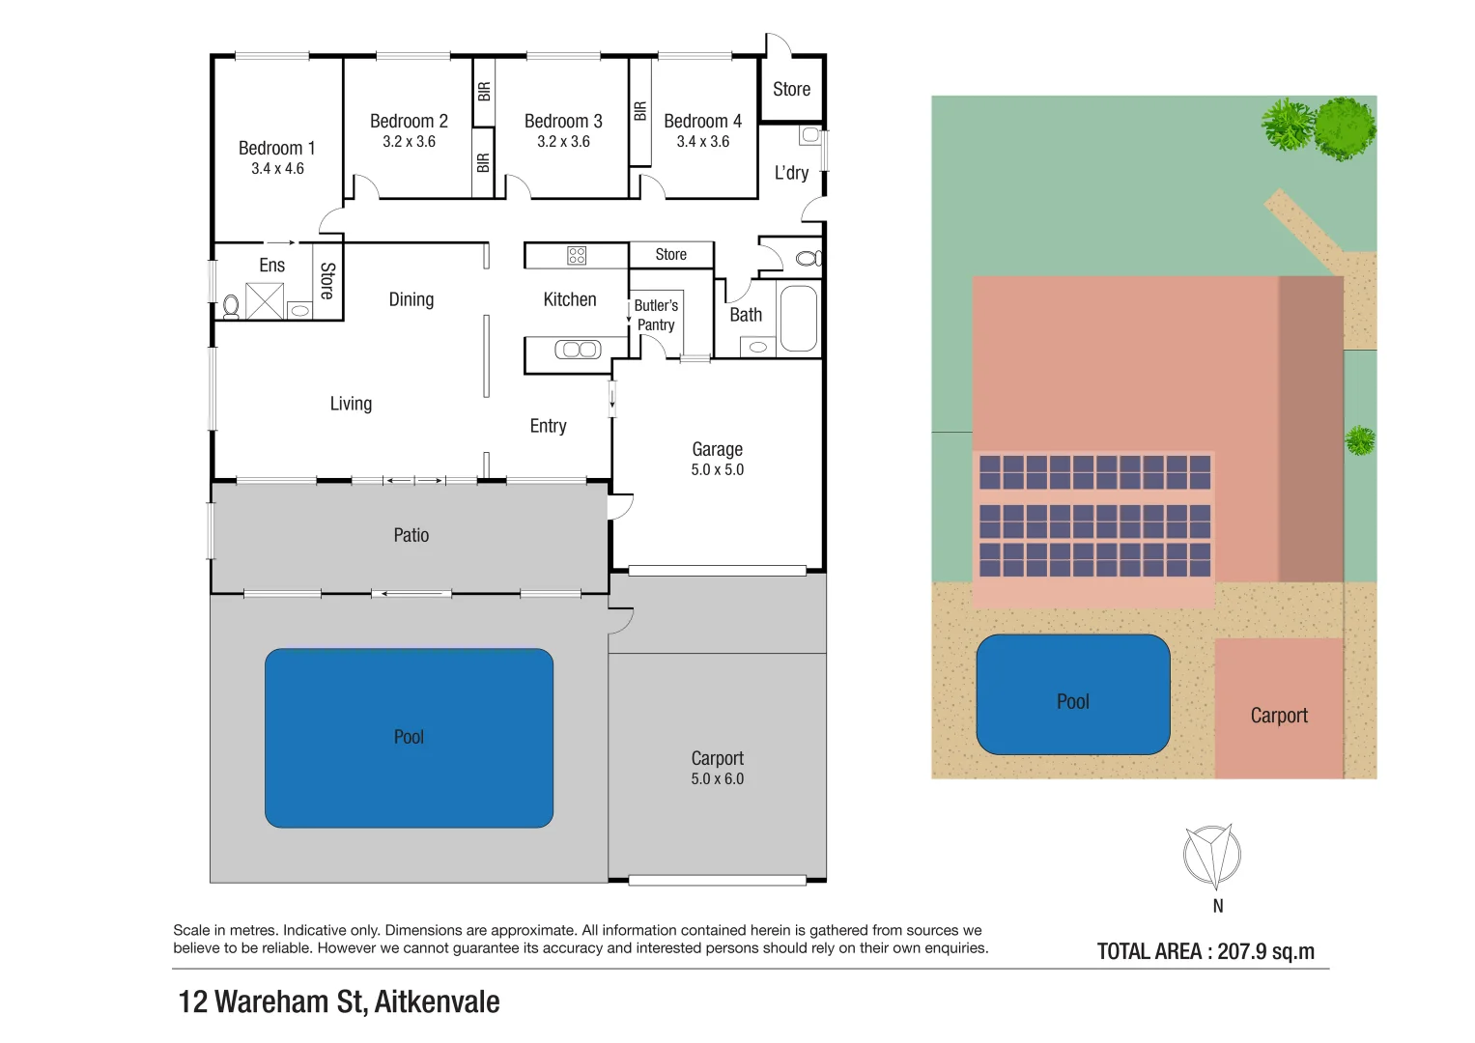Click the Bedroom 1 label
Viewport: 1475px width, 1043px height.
[277, 148]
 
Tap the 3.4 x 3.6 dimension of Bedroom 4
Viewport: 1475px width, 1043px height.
[702, 141]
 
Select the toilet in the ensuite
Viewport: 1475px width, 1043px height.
[231, 306]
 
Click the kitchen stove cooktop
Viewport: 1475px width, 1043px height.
[577, 255]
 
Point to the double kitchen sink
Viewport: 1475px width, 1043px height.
[578, 350]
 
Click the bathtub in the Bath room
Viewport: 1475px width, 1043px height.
[798, 319]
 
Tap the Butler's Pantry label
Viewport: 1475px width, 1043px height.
[656, 315]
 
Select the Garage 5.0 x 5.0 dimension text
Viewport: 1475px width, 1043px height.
[717, 469]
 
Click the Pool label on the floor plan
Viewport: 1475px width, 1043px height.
[409, 737]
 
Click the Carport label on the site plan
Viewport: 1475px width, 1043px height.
[1279, 716]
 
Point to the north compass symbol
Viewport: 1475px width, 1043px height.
[1211, 856]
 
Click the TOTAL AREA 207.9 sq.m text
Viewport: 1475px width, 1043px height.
[1206, 951]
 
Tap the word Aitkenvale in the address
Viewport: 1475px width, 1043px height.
[437, 1001]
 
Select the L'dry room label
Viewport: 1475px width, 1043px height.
[791, 173]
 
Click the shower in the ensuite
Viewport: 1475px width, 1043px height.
[264, 301]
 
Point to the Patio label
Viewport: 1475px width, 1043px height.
[411, 535]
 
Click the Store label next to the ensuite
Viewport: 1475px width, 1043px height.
[326, 281]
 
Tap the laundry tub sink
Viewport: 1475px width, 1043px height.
[810, 135]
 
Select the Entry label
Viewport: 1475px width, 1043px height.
[548, 426]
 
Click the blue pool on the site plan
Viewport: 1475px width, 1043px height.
[1072, 693]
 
